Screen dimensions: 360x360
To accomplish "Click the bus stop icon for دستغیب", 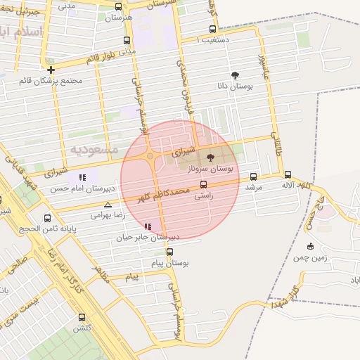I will click(x=212, y=30).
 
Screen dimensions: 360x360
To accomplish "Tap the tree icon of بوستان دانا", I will click(x=234, y=74).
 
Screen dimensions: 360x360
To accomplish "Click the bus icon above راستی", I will click(x=203, y=185).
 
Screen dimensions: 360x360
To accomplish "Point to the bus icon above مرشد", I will click(x=253, y=176).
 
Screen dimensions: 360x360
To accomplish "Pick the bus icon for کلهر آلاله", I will click(x=288, y=174).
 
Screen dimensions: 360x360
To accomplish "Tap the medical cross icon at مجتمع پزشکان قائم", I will click(x=51, y=70).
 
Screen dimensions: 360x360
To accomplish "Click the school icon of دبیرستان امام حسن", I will click(x=82, y=178).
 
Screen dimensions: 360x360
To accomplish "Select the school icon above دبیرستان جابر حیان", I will click(x=148, y=226).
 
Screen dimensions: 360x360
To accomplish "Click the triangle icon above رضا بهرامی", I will click(x=108, y=205).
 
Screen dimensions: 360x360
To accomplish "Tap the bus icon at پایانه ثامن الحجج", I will click(x=47, y=217).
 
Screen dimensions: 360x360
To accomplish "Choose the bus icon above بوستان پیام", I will click(x=169, y=252).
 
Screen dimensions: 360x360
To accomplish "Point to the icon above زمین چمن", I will click(x=310, y=246).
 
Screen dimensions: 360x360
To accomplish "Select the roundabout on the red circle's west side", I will click(x=150, y=156).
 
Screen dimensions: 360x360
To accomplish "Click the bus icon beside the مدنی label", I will click(x=127, y=40).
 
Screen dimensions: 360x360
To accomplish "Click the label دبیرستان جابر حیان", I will click(x=149, y=238).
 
